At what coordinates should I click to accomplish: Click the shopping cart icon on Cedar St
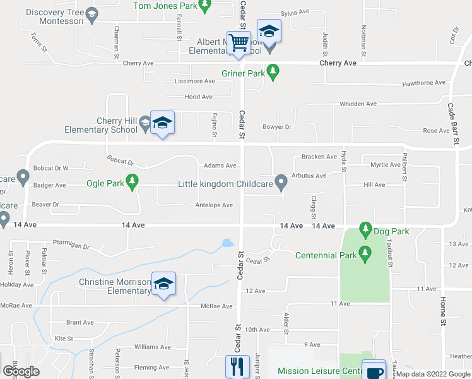pyautogui.click(x=239, y=44)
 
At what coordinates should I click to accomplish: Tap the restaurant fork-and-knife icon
pyautogui.click(x=237, y=366)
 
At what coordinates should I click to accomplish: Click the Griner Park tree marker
pyautogui.click(x=273, y=73)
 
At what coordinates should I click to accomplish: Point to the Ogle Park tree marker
pyautogui.click(x=132, y=184)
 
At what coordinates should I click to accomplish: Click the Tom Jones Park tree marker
pyautogui.click(x=204, y=6)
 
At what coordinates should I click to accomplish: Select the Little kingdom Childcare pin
pyautogui.click(x=282, y=183)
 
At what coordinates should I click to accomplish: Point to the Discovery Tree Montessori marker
pyautogui.click(x=92, y=15)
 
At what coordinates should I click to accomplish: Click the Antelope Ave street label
pyautogui.click(x=215, y=205)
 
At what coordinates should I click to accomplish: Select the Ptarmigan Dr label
pyautogui.click(x=75, y=243)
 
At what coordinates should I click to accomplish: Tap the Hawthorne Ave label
pyautogui.click(x=424, y=83)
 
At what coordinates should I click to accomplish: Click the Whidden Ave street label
pyautogui.click(x=358, y=104)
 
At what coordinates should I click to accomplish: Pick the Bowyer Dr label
pyautogui.click(x=277, y=127)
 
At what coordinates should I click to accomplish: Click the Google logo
pyautogui.click(x=21, y=371)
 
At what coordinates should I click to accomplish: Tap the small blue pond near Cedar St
pyautogui.click(x=227, y=242)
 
